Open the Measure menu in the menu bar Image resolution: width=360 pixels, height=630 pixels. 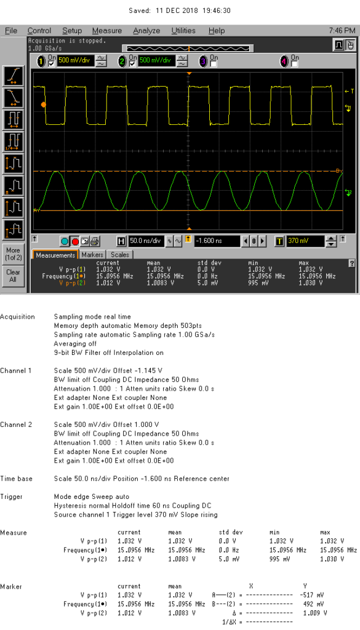[x=107, y=31]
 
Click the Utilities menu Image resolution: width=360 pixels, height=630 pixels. [x=183, y=31]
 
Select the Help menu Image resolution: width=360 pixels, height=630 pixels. [x=217, y=31]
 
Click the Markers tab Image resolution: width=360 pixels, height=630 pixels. [x=93, y=255]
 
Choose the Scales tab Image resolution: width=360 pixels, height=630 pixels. [x=120, y=255]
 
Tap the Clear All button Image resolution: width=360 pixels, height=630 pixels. [x=13, y=276]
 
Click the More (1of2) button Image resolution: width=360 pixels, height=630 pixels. [x=13, y=253]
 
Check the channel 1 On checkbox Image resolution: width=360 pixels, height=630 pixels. [x=52, y=63]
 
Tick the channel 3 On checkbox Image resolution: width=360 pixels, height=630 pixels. [x=214, y=63]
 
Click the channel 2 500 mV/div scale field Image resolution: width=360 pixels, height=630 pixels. [x=154, y=61]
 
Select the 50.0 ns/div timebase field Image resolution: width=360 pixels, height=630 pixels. [x=145, y=241]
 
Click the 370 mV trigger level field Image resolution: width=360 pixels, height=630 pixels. [x=305, y=241]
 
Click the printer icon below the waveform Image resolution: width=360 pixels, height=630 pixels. [x=94, y=241]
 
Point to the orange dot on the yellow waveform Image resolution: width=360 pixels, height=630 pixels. [x=44, y=105]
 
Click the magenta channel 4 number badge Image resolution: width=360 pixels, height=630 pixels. [x=284, y=62]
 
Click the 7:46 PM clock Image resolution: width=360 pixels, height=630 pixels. [x=342, y=31]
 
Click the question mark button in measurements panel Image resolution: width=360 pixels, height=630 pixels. [x=353, y=263]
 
